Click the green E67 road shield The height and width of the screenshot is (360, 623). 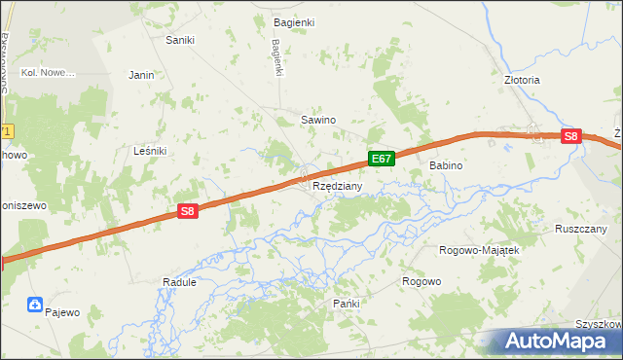382,158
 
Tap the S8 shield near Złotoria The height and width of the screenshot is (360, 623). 571,138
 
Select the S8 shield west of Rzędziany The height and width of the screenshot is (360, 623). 188,210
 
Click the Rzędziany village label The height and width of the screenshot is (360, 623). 338,185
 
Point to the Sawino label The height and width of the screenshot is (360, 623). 317,120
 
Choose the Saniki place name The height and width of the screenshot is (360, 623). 180,40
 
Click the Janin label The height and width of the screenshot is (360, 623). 142,74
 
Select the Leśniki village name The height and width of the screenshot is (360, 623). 150,151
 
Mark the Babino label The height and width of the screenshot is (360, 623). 446,166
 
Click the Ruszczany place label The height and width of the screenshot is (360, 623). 581,229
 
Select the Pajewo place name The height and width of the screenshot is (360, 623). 61,312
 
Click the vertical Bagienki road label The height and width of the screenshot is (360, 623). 277,56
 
